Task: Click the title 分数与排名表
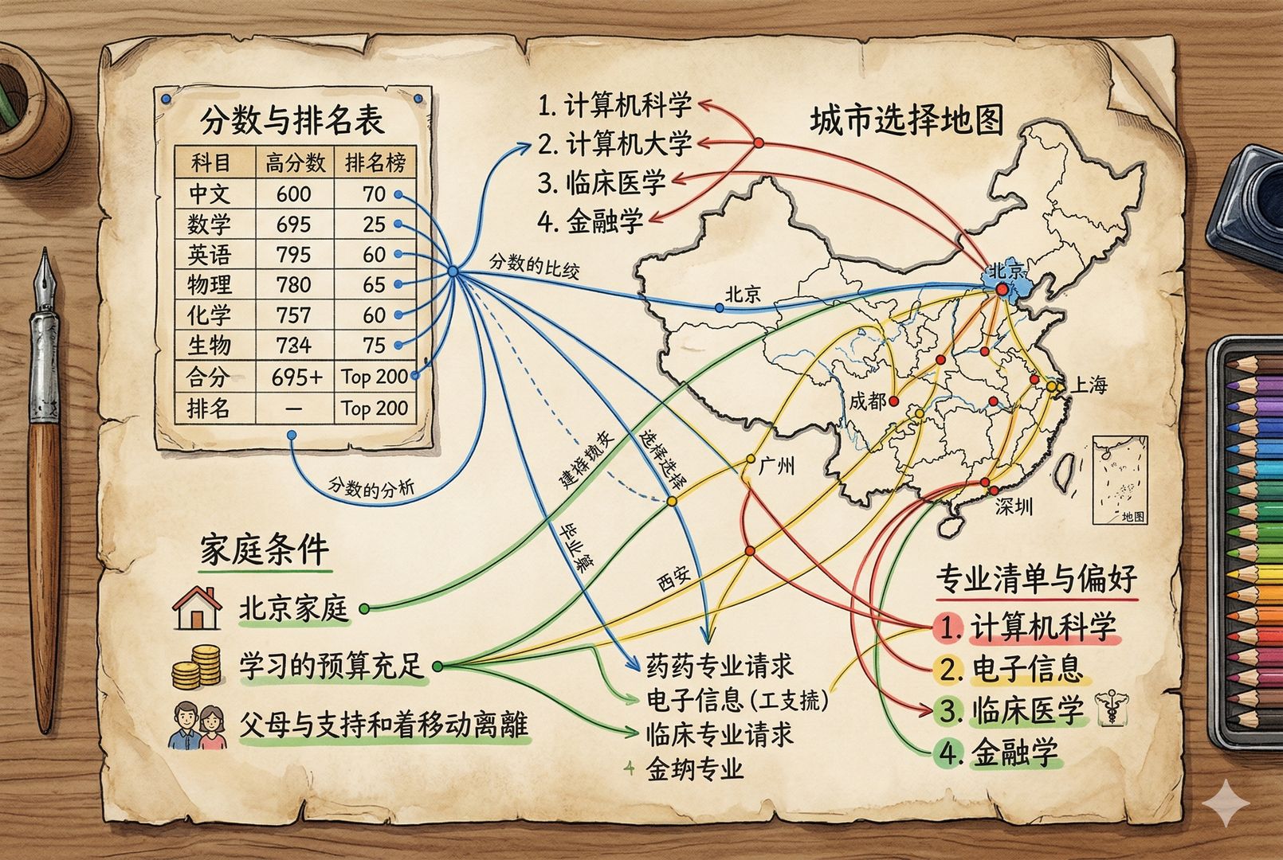pyautogui.click(x=292, y=119)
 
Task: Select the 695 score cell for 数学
pyautogui.click(x=293, y=224)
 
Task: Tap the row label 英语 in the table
pyautogui.click(x=209, y=255)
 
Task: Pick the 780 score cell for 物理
pyautogui.click(x=293, y=284)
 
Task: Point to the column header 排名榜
pyautogui.click(x=375, y=163)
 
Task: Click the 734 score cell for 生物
pyautogui.click(x=293, y=345)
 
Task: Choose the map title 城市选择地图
pyautogui.click(x=906, y=121)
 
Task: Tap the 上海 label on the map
pyautogui.click(x=1089, y=385)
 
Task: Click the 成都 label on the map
pyautogui.click(x=867, y=401)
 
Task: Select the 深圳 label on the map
pyautogui.click(x=1014, y=506)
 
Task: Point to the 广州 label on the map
pyautogui.click(x=776, y=465)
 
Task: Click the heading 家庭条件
pyautogui.click(x=264, y=549)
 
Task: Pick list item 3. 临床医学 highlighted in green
pyautogui.click(x=1010, y=710)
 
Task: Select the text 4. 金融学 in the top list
pyautogui.click(x=590, y=220)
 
